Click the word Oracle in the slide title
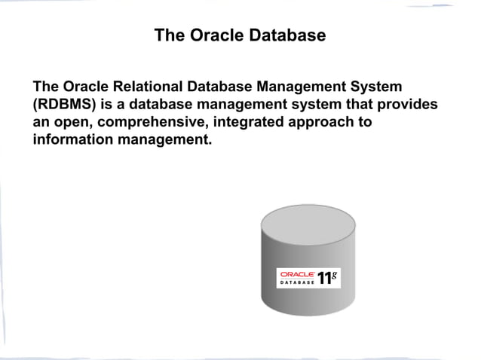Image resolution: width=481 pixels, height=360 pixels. pos(213,35)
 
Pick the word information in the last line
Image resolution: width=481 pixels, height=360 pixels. pos(72,140)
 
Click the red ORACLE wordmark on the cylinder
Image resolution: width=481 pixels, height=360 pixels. pos(297,274)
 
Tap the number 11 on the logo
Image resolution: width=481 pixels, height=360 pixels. pos(325,278)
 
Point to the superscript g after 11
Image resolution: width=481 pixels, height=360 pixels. pos(335,274)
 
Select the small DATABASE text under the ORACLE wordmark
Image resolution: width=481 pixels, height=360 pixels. pos(297,282)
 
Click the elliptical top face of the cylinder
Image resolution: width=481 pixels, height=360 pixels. pos(307,221)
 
